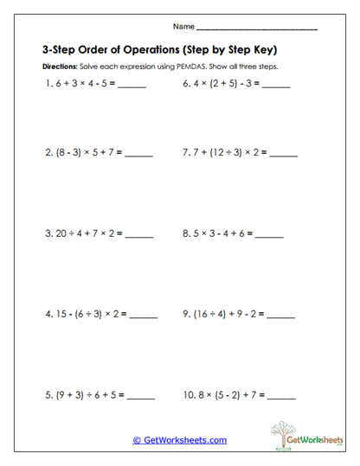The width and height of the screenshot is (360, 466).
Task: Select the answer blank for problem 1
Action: pyautogui.click(x=131, y=86)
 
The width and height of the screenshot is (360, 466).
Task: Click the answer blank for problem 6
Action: pyautogui.click(x=275, y=86)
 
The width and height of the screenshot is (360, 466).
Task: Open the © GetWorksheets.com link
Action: pyautogui.click(x=179, y=440)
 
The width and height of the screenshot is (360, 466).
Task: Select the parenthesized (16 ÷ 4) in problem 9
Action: pyautogui.click(x=207, y=314)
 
